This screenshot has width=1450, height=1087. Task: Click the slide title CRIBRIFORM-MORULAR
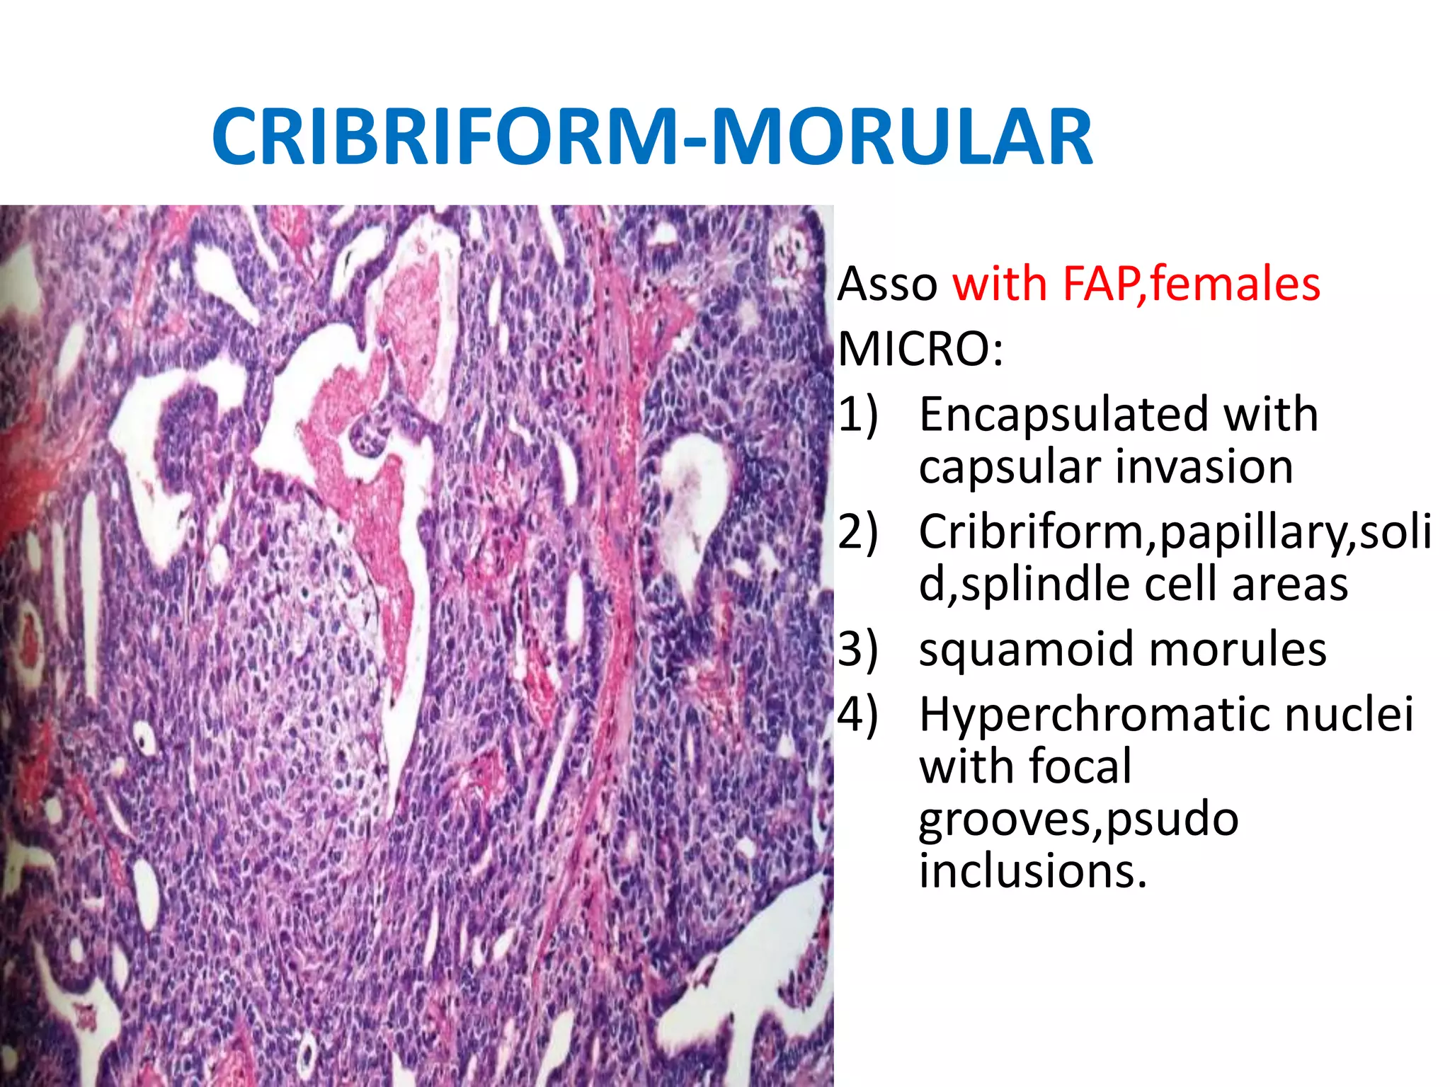click(x=651, y=136)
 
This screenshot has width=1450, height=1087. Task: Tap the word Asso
click(x=888, y=284)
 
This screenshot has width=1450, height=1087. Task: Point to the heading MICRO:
click(x=920, y=350)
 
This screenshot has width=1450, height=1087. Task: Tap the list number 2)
click(x=858, y=532)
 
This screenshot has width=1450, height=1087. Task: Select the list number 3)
click(x=858, y=650)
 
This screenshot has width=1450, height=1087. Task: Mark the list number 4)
click(x=858, y=715)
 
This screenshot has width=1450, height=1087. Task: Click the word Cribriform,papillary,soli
click(x=1175, y=532)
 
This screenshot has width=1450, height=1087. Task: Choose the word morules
click(x=1238, y=650)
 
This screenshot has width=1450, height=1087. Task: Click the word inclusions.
click(x=1030, y=872)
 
